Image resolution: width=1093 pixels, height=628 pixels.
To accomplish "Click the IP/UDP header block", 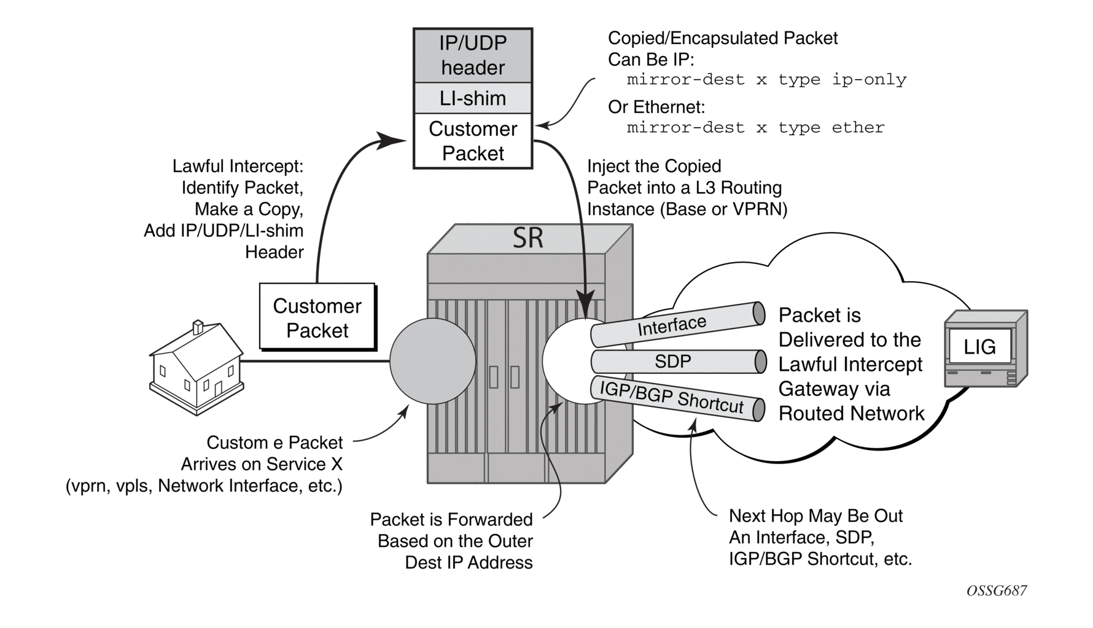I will point(473,55).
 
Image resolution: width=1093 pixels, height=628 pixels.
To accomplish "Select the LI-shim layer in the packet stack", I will point(473,98).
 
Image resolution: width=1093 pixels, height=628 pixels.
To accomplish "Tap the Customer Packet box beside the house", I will point(317,318).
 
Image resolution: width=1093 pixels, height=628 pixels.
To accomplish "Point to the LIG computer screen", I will point(979,347).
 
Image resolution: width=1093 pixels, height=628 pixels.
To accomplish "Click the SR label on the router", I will point(528,238).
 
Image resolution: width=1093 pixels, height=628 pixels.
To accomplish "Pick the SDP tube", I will point(675,362).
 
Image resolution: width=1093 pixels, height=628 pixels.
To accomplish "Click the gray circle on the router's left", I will point(433,361).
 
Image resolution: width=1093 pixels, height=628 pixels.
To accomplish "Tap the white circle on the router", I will point(568,361).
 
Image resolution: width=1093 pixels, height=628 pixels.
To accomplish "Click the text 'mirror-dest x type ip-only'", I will point(766,80).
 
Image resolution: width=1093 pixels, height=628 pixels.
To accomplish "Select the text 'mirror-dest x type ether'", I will point(755,128).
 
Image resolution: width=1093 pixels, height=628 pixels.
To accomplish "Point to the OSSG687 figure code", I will point(996,591).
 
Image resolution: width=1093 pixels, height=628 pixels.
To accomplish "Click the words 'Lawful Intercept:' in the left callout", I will point(238,166).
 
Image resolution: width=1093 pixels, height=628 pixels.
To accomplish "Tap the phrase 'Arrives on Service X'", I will point(262,464).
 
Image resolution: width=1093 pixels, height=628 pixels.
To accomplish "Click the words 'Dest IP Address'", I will point(469,562).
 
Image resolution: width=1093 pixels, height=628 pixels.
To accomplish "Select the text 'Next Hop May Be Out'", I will point(815,516).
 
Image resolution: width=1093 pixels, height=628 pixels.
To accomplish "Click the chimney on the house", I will point(198,327).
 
